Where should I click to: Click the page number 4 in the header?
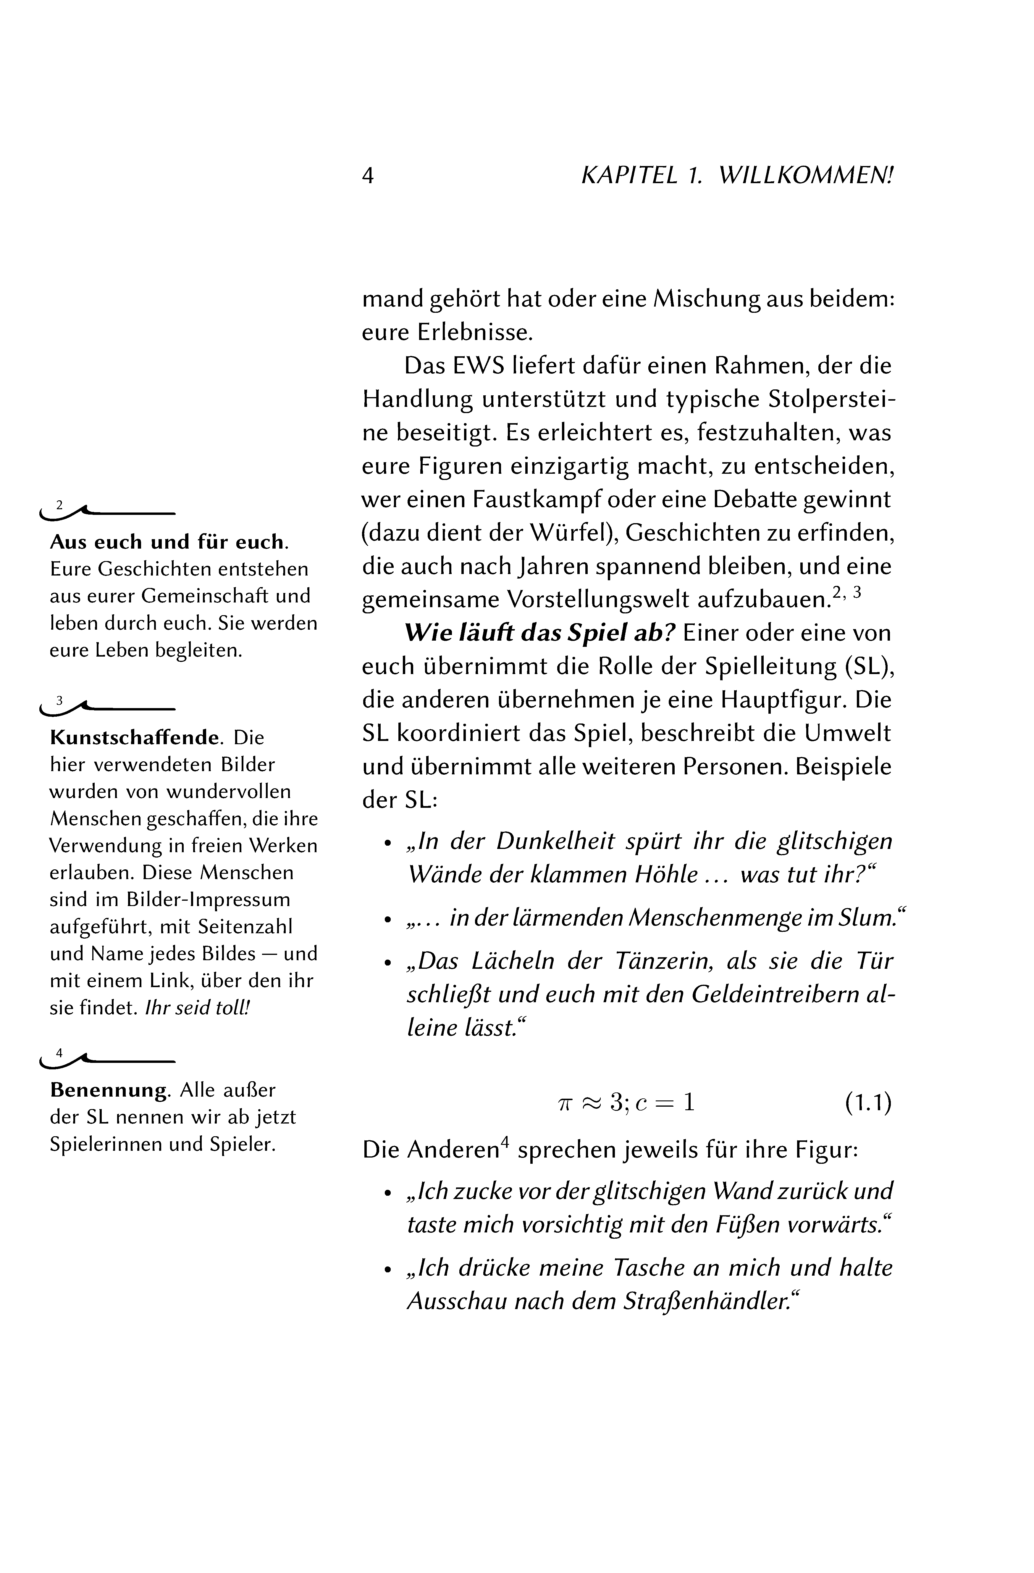point(368,176)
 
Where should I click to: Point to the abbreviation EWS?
point(480,365)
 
